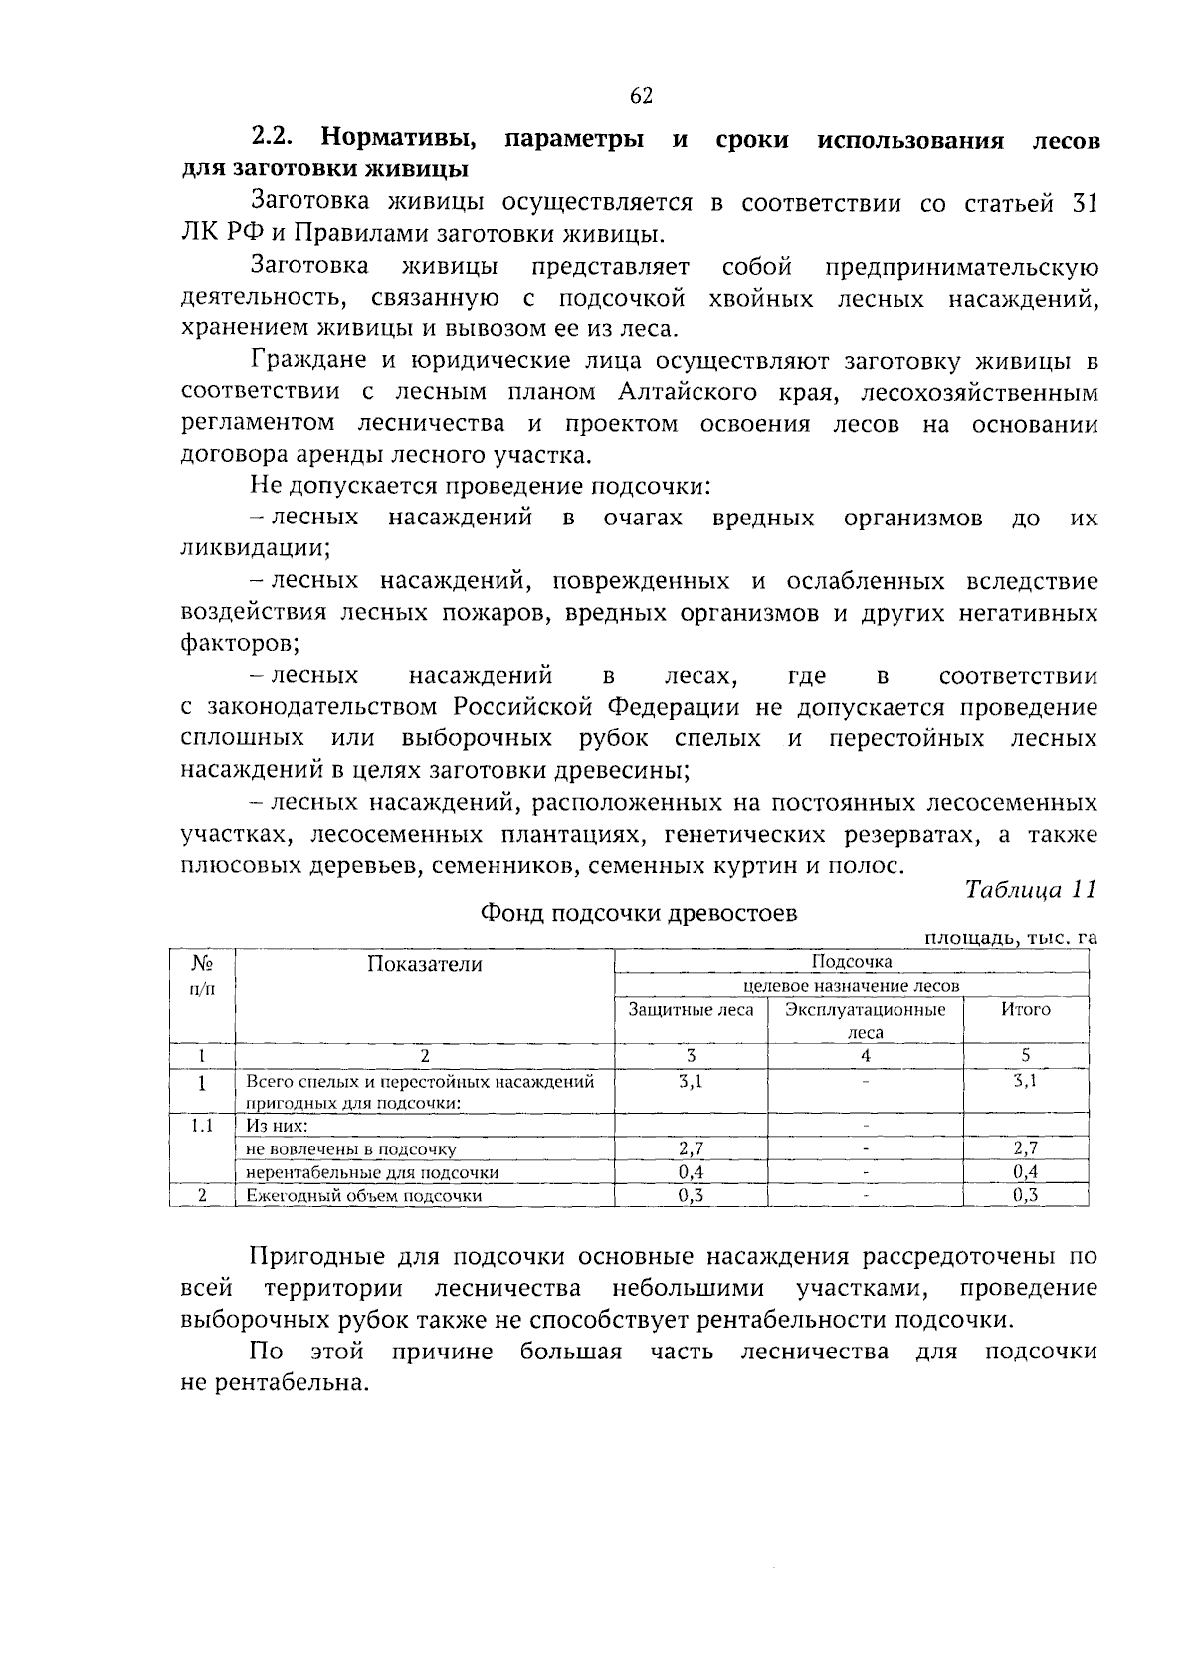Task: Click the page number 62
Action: (641, 96)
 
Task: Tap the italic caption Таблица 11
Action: (1030, 890)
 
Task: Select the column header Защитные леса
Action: (691, 1009)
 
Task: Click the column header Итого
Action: (1025, 1009)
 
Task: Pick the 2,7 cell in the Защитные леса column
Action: (691, 1148)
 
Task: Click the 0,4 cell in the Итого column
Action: (1025, 1172)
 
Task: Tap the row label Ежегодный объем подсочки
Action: (364, 1196)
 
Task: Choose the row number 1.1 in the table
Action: (202, 1126)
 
